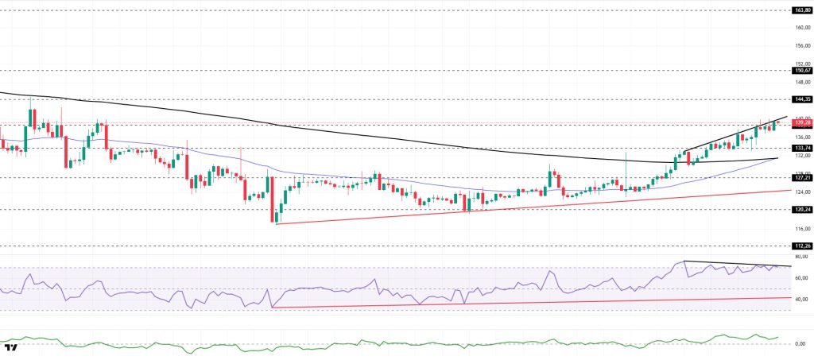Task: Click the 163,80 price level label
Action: (x=801, y=10)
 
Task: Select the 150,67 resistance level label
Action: (x=801, y=70)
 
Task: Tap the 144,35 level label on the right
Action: (x=801, y=99)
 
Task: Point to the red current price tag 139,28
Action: (x=801, y=123)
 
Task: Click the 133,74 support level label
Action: (x=801, y=148)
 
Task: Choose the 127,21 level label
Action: (x=801, y=178)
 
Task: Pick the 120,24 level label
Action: (x=801, y=210)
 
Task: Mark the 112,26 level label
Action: (x=801, y=246)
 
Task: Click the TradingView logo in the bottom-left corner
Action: (x=11, y=348)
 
